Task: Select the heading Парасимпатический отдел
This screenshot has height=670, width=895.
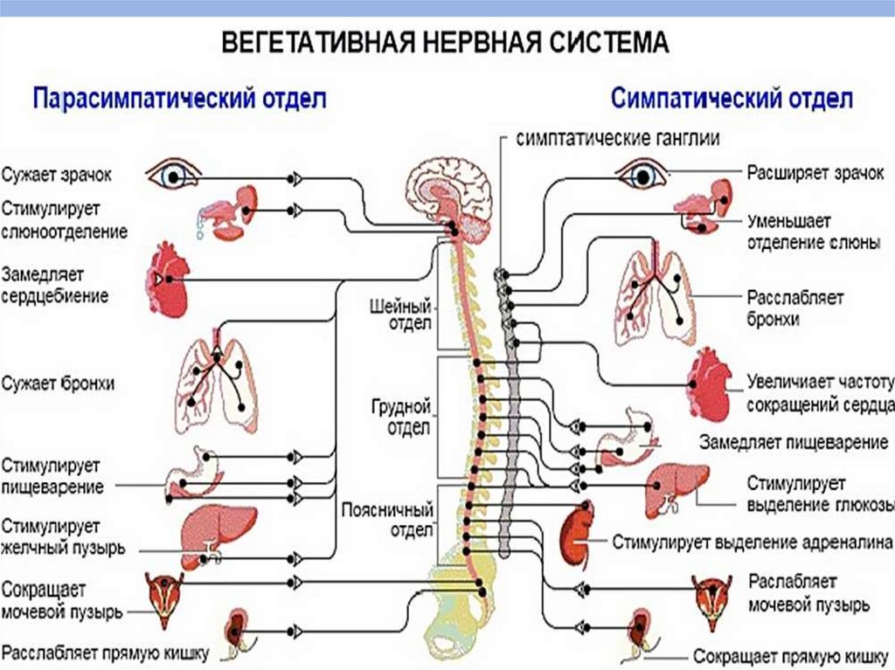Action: point(179,97)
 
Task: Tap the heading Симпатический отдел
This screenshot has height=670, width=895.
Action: point(732,97)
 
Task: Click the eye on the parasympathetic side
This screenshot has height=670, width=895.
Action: point(172,176)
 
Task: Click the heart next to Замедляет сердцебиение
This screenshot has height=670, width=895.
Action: point(169,280)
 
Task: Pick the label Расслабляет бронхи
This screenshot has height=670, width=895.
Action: point(794,308)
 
